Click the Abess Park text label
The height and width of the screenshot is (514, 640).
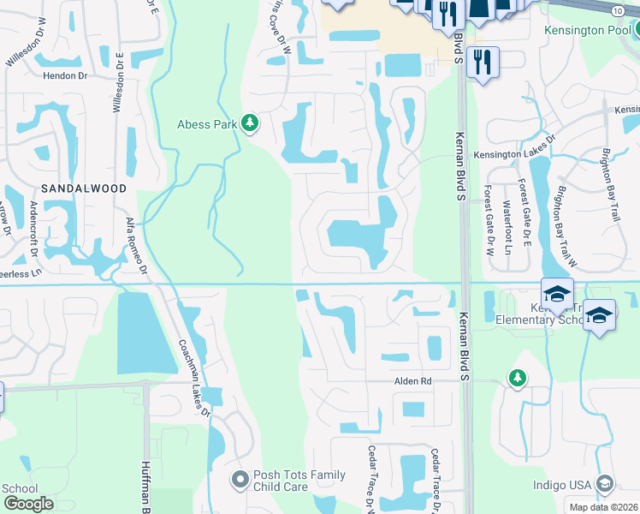pos(206,123)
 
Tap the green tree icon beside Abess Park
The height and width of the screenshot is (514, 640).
pos(250,124)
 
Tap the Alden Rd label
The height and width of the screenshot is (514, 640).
pos(412,381)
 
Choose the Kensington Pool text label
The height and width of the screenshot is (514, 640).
pos(587,30)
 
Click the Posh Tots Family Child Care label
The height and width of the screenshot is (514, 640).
pos(299,481)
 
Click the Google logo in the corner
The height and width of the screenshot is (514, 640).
pos(28,503)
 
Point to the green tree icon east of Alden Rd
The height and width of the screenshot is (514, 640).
pos(517,378)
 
